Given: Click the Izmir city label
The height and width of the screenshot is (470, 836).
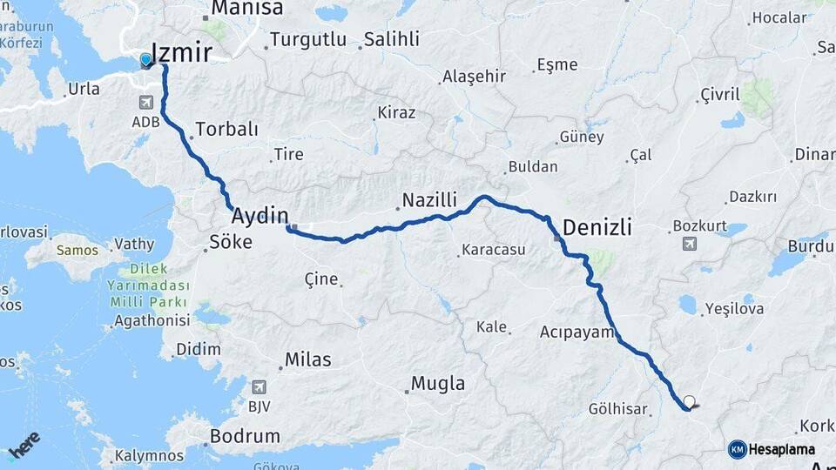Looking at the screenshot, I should coord(182,53).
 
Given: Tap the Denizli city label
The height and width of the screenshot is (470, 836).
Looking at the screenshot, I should coord(597,228).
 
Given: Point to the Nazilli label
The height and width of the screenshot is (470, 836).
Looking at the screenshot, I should coord(428,200).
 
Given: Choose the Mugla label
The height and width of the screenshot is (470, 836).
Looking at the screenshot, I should coord(437,383).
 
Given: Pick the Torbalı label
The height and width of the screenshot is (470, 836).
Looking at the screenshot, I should coord(227,130).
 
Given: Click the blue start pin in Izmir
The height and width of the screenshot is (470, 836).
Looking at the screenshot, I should coord(145,60).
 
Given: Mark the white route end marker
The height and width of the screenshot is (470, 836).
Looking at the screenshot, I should coord(690,402).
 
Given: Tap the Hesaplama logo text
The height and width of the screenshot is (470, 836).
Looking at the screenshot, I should coord(781,450).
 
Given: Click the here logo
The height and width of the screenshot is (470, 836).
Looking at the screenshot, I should coord(24,444).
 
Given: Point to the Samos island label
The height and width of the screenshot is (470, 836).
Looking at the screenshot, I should coord(78,250).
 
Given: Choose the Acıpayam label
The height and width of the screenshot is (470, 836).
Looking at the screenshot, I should coord(577,332).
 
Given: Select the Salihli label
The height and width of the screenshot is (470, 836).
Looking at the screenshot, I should coord(391,39).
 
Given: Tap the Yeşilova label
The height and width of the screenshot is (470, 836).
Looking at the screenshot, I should coord(734,308).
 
